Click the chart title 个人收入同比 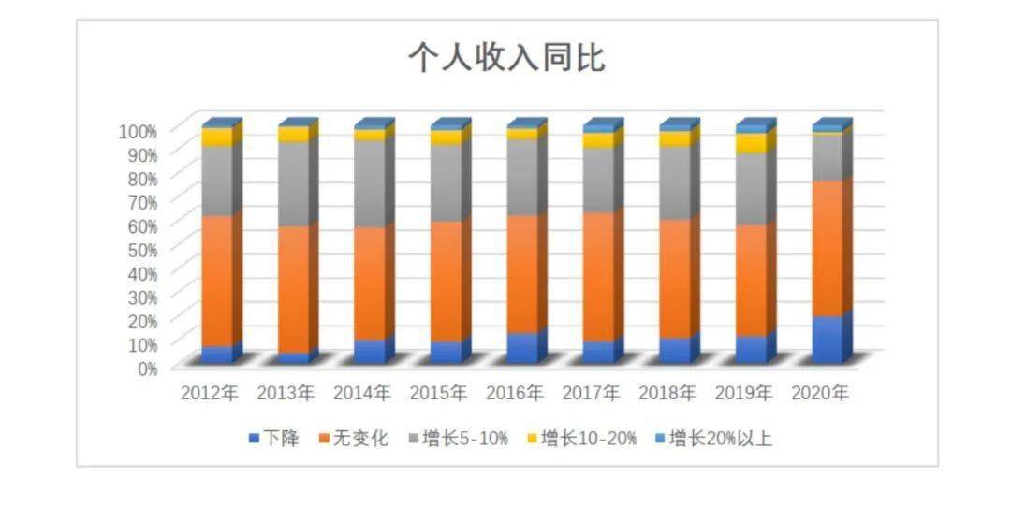click(506, 58)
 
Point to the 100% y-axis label click(138, 131)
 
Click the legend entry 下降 click(274, 439)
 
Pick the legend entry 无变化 click(354, 439)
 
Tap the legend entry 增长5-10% click(459, 439)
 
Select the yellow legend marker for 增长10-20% click(533, 440)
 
